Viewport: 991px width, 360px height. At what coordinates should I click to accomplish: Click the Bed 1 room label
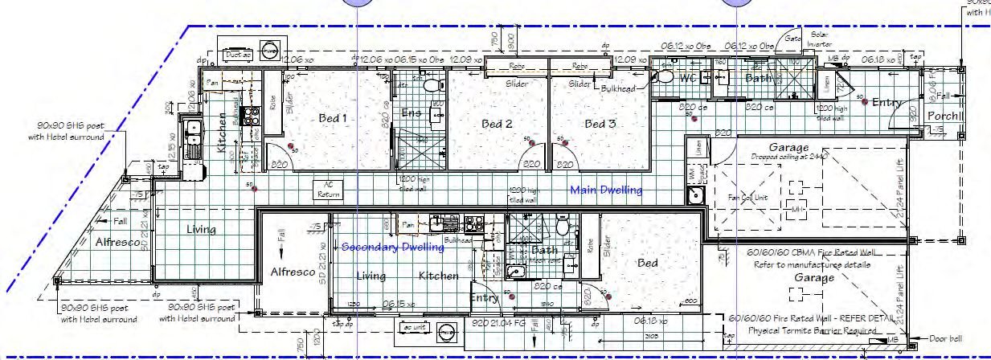click(x=332, y=118)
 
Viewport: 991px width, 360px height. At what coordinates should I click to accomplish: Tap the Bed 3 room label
click(x=600, y=124)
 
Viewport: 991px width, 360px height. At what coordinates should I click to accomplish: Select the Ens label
click(x=412, y=113)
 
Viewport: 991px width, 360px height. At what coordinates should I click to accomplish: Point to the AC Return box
click(x=328, y=190)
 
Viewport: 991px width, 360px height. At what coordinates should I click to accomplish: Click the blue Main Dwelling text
click(x=606, y=190)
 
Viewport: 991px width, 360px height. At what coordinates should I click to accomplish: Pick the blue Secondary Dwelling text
click(x=393, y=247)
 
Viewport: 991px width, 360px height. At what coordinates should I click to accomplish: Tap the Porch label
click(x=945, y=116)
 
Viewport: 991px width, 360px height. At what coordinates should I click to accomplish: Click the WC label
click(x=687, y=79)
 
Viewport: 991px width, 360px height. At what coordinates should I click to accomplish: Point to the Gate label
click(x=793, y=38)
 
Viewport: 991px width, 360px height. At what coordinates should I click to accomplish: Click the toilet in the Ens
click(x=431, y=84)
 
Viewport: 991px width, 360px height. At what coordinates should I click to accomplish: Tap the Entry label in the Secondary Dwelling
click(x=485, y=298)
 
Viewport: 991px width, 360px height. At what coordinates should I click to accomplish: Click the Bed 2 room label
click(x=497, y=124)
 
